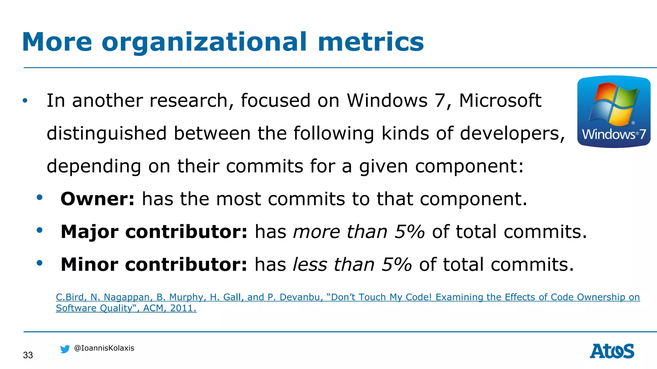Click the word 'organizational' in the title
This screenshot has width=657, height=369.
tap(204, 42)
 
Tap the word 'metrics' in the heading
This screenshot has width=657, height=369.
tap(371, 42)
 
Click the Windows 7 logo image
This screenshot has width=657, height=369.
tap(613, 112)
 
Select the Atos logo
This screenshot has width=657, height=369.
tap(612, 351)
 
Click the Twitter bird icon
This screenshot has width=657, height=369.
tap(65, 349)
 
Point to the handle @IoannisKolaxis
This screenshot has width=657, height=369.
tap(104, 348)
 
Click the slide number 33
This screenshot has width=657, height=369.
tap(28, 355)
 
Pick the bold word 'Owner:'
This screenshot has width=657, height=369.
tap(98, 199)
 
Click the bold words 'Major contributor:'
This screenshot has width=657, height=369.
tap(154, 232)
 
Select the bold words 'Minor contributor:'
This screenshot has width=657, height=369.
tap(154, 265)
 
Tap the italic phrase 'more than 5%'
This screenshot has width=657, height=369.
tap(359, 232)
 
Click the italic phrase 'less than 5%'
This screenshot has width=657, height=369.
tap(352, 265)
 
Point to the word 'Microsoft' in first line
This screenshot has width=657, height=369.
tap(500, 101)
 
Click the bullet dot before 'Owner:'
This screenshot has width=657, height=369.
tap(39, 198)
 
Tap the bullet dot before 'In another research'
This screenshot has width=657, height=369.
tap(25, 101)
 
